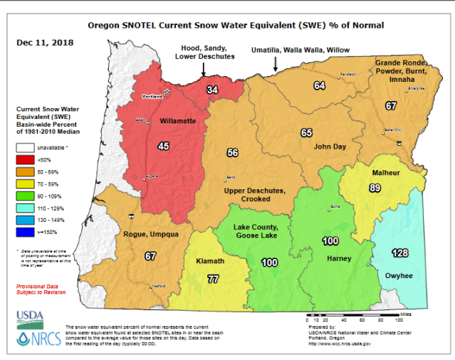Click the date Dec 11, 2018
(44, 42)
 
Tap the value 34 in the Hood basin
(212, 90)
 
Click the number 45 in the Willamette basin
(163, 146)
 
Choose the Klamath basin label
(210, 262)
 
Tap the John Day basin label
(329, 146)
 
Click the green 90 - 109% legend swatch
(26, 196)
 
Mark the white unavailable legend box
(26, 148)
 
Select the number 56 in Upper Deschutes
(233, 153)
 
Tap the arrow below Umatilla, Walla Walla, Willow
(276, 65)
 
